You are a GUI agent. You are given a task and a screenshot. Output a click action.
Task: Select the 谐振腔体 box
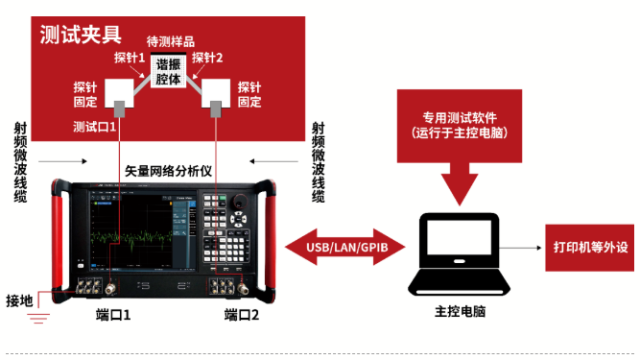click(x=174, y=73)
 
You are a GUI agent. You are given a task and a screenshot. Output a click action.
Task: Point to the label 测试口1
click(x=94, y=126)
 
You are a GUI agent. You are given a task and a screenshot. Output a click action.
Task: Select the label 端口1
click(x=113, y=315)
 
